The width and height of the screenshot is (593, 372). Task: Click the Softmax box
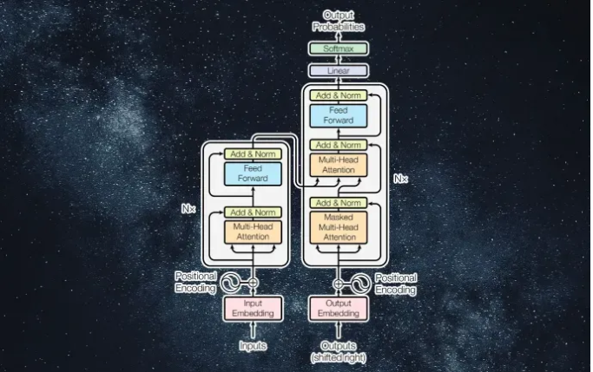point(339,49)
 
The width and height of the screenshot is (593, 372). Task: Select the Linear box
point(339,69)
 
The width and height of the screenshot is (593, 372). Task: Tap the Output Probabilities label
point(339,21)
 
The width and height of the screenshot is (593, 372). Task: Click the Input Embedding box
point(253,308)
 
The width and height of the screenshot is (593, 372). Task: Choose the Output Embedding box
point(339,308)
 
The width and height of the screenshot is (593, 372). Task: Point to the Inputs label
point(253,346)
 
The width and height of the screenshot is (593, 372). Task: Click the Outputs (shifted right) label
point(339,352)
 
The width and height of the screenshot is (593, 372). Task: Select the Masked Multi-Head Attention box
point(339,228)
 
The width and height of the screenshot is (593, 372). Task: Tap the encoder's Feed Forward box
point(253,173)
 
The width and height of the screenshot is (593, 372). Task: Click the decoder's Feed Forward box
point(339,114)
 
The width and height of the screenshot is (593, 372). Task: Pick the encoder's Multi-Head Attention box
point(253,231)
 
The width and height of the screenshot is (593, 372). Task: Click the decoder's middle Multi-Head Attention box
point(339,166)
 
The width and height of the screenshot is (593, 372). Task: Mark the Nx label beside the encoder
point(188,209)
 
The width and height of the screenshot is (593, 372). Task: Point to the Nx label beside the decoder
point(400,179)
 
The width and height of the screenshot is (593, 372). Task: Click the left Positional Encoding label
point(194,283)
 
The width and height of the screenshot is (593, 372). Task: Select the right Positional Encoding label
point(396,284)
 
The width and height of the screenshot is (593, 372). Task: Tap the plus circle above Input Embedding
point(253,283)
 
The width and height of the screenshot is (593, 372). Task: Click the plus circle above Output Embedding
point(339,283)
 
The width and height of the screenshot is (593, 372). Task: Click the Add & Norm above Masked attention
point(339,203)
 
